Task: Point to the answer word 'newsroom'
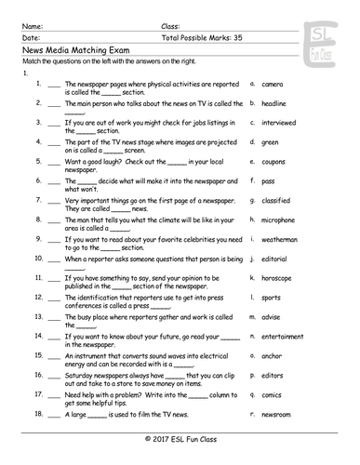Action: (x=278, y=413)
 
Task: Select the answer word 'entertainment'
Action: (x=284, y=336)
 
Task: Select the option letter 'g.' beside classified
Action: (x=252, y=200)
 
